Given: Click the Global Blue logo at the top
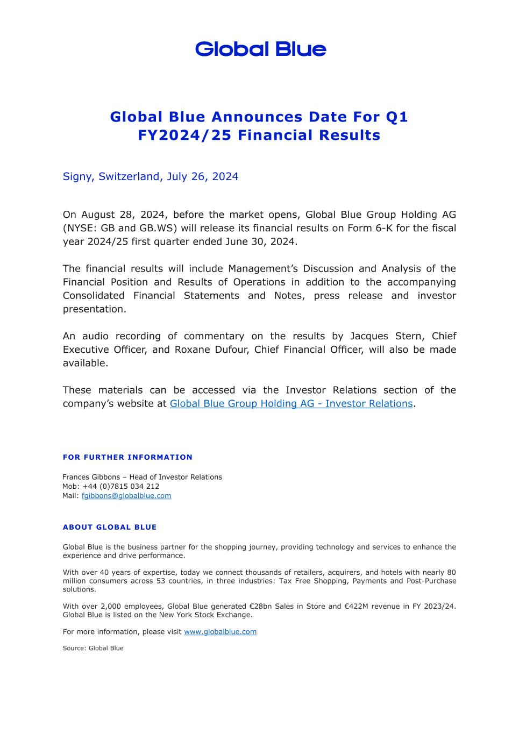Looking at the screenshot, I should coord(260,49).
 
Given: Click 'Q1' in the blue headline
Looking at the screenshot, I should coord(397,117).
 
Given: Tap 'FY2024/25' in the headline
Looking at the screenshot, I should coord(185,135).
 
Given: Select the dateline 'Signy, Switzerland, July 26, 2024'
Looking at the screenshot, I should coord(151,176).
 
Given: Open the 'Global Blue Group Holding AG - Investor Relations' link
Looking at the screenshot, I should coord(291,403).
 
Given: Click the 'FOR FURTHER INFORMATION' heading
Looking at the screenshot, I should coord(127,457).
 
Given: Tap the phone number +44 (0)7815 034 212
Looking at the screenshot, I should coord(121,486).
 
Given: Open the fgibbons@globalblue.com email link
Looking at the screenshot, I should coord(126,496).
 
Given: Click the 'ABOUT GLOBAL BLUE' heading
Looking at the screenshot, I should coord(110,527).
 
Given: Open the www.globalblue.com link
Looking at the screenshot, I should coord(220,632).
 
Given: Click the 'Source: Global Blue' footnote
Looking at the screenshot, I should coord(93,649).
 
